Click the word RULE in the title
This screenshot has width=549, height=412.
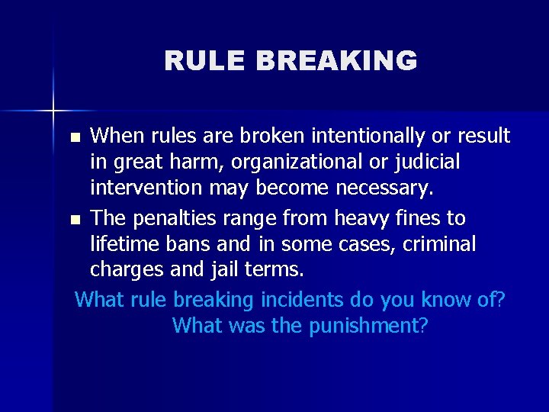click(197, 61)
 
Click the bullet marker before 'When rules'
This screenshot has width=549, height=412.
click(74, 138)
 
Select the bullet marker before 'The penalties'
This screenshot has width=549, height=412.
click(74, 220)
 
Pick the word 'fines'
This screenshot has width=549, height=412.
click(420, 219)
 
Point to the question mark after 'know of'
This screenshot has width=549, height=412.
click(500, 300)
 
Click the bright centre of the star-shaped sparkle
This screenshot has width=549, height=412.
click(53, 111)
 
